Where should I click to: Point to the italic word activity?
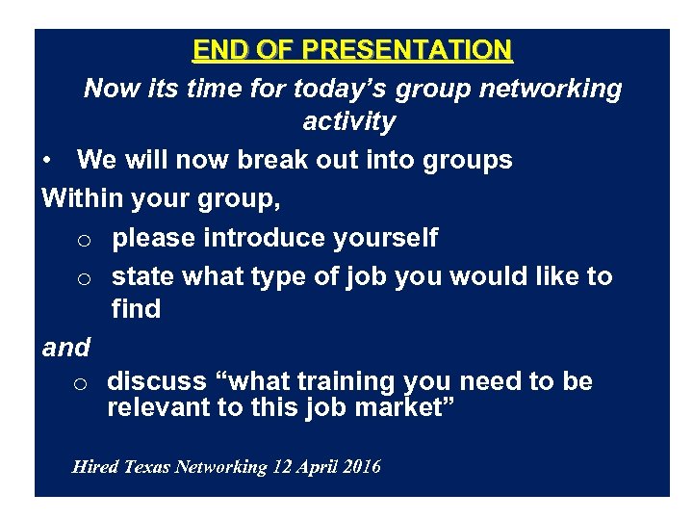[x=348, y=121]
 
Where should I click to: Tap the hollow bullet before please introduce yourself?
[x=84, y=239]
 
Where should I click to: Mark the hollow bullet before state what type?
[x=84, y=278]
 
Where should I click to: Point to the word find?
[x=136, y=309]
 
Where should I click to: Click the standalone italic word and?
[x=66, y=348]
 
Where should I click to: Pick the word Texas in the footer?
[x=145, y=467]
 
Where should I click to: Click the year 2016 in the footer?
[x=360, y=467]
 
